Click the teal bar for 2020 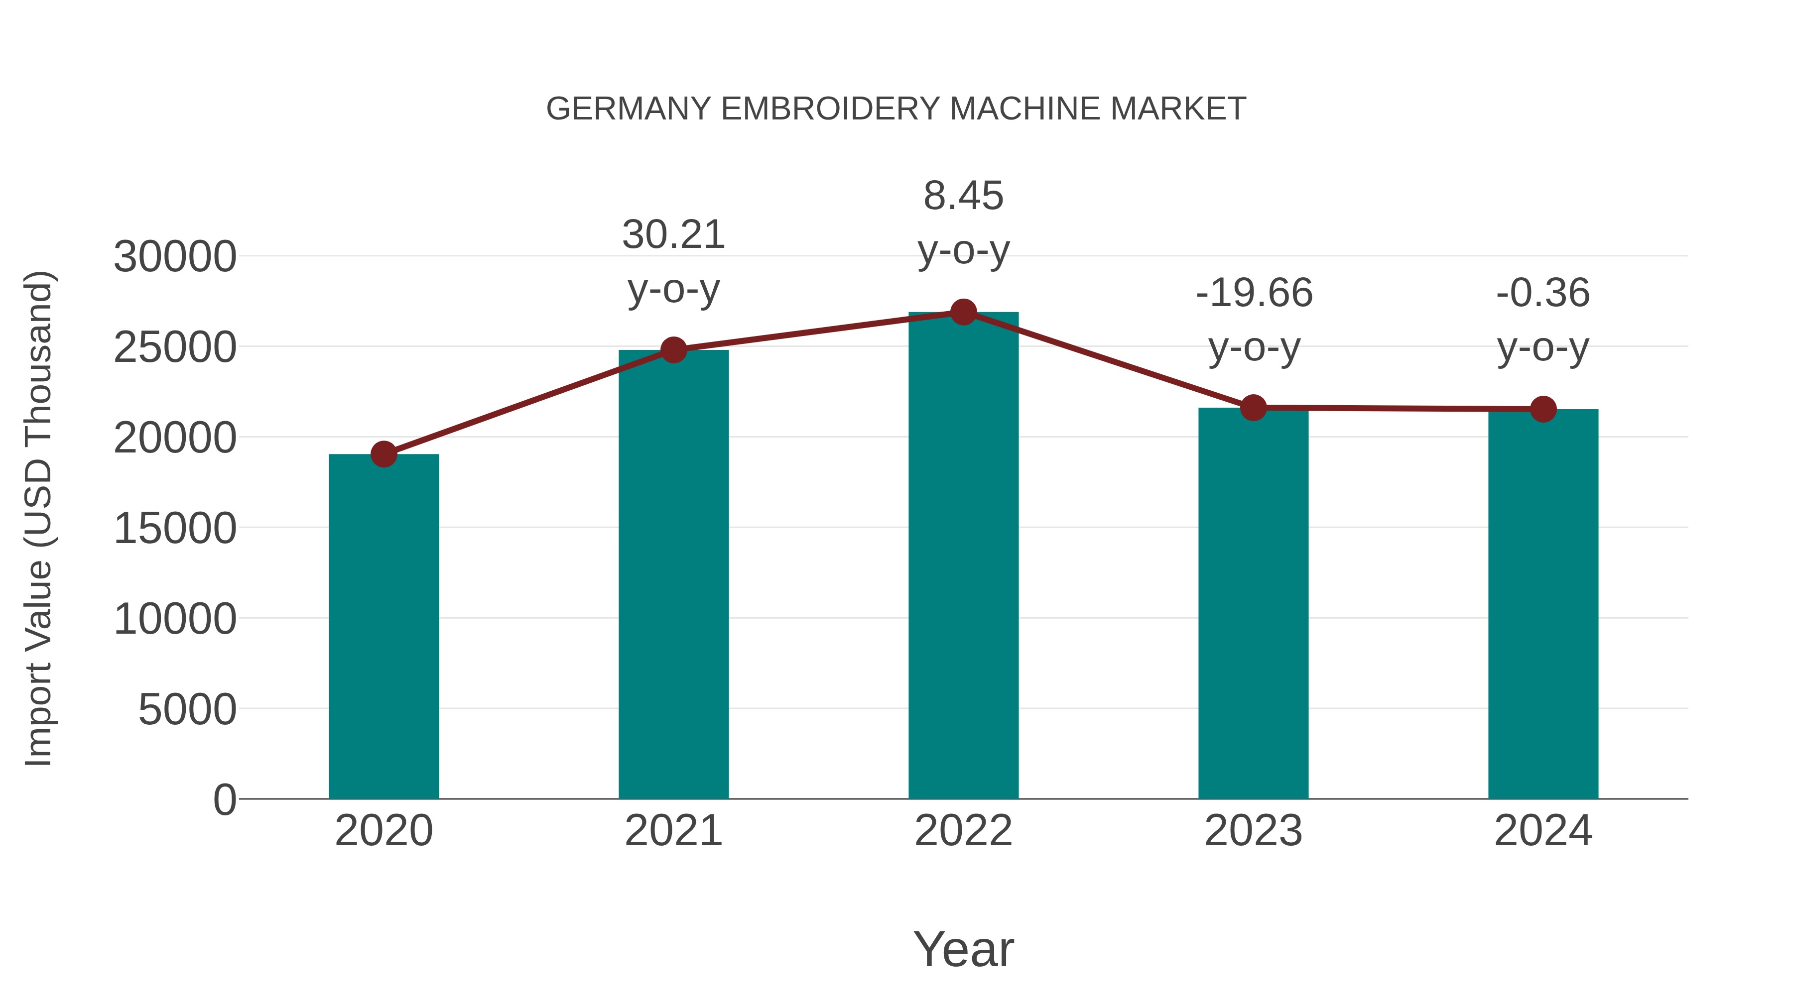coord(384,626)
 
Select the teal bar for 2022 coord(963,557)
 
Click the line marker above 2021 coord(674,350)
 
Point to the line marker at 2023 coord(1253,408)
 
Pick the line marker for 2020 coord(384,454)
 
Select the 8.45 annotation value coord(963,196)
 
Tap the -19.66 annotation coord(1254,292)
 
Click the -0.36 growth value coord(1543,292)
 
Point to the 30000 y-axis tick coord(175,257)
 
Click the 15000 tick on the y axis coord(175,528)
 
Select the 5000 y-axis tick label coord(187,709)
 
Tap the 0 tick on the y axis coord(225,799)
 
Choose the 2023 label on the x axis coord(1253,831)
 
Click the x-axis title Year coord(963,949)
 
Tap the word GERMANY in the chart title coord(629,109)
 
